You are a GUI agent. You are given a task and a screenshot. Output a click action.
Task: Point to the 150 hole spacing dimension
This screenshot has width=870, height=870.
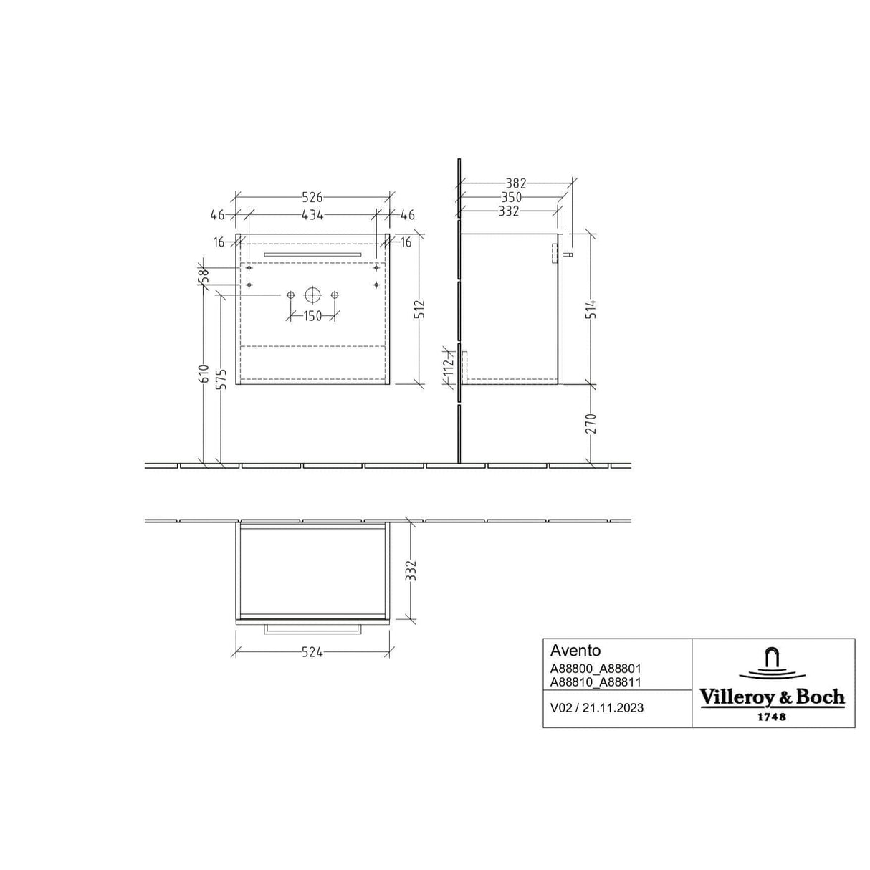tap(312, 317)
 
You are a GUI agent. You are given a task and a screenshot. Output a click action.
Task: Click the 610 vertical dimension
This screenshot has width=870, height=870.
tap(204, 374)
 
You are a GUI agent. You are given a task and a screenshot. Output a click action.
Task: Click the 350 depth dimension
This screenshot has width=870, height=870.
tap(511, 197)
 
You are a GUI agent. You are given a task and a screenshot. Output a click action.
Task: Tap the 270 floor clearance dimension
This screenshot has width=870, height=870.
tap(592, 424)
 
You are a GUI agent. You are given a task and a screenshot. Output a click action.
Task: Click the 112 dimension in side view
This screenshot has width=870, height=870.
tap(449, 367)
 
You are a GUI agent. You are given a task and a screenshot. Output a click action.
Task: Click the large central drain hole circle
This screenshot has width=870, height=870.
tap(312, 295)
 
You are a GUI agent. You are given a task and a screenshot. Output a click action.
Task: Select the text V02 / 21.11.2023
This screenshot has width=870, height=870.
tap(596, 707)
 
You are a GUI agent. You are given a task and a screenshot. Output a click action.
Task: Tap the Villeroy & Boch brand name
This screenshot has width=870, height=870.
tap(772, 697)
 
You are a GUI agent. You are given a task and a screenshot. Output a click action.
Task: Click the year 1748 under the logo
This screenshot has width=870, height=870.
tap(772, 717)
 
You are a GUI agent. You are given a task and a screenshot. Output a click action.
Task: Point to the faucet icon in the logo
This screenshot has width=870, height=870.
tap(772, 659)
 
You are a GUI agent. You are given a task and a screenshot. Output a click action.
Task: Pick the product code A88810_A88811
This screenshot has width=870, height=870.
tap(590, 683)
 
